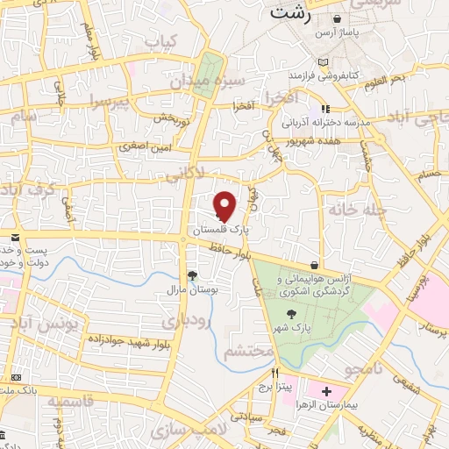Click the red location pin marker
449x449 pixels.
coord(225,206)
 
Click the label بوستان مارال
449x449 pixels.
coord(193,288)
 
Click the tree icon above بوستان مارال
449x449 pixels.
coord(192,275)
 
